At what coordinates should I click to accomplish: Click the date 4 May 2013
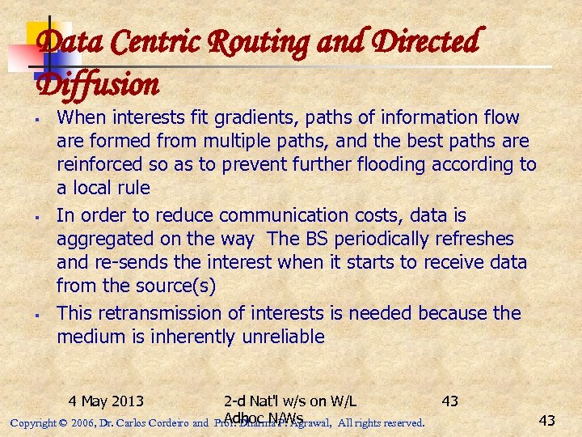[x=106, y=401]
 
